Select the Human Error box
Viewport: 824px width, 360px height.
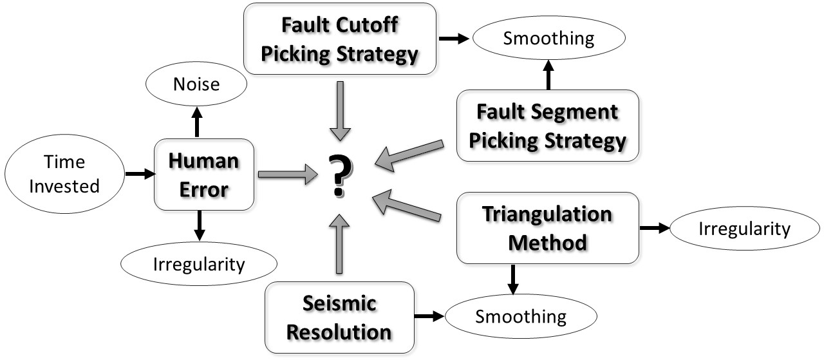[204, 174]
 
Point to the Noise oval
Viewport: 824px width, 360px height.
[196, 84]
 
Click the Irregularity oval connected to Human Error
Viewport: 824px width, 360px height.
[199, 263]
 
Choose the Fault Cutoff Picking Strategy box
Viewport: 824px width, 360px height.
[340, 39]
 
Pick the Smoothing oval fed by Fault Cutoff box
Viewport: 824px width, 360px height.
[548, 38]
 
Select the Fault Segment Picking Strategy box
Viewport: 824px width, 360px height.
[548, 125]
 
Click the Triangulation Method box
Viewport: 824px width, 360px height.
[547, 228]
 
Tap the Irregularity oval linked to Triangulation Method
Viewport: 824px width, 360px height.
[744, 229]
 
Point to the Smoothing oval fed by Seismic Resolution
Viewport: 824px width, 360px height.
[521, 316]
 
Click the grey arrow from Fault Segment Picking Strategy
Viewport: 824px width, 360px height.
[409, 155]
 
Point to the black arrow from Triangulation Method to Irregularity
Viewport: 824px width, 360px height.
[654, 229]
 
